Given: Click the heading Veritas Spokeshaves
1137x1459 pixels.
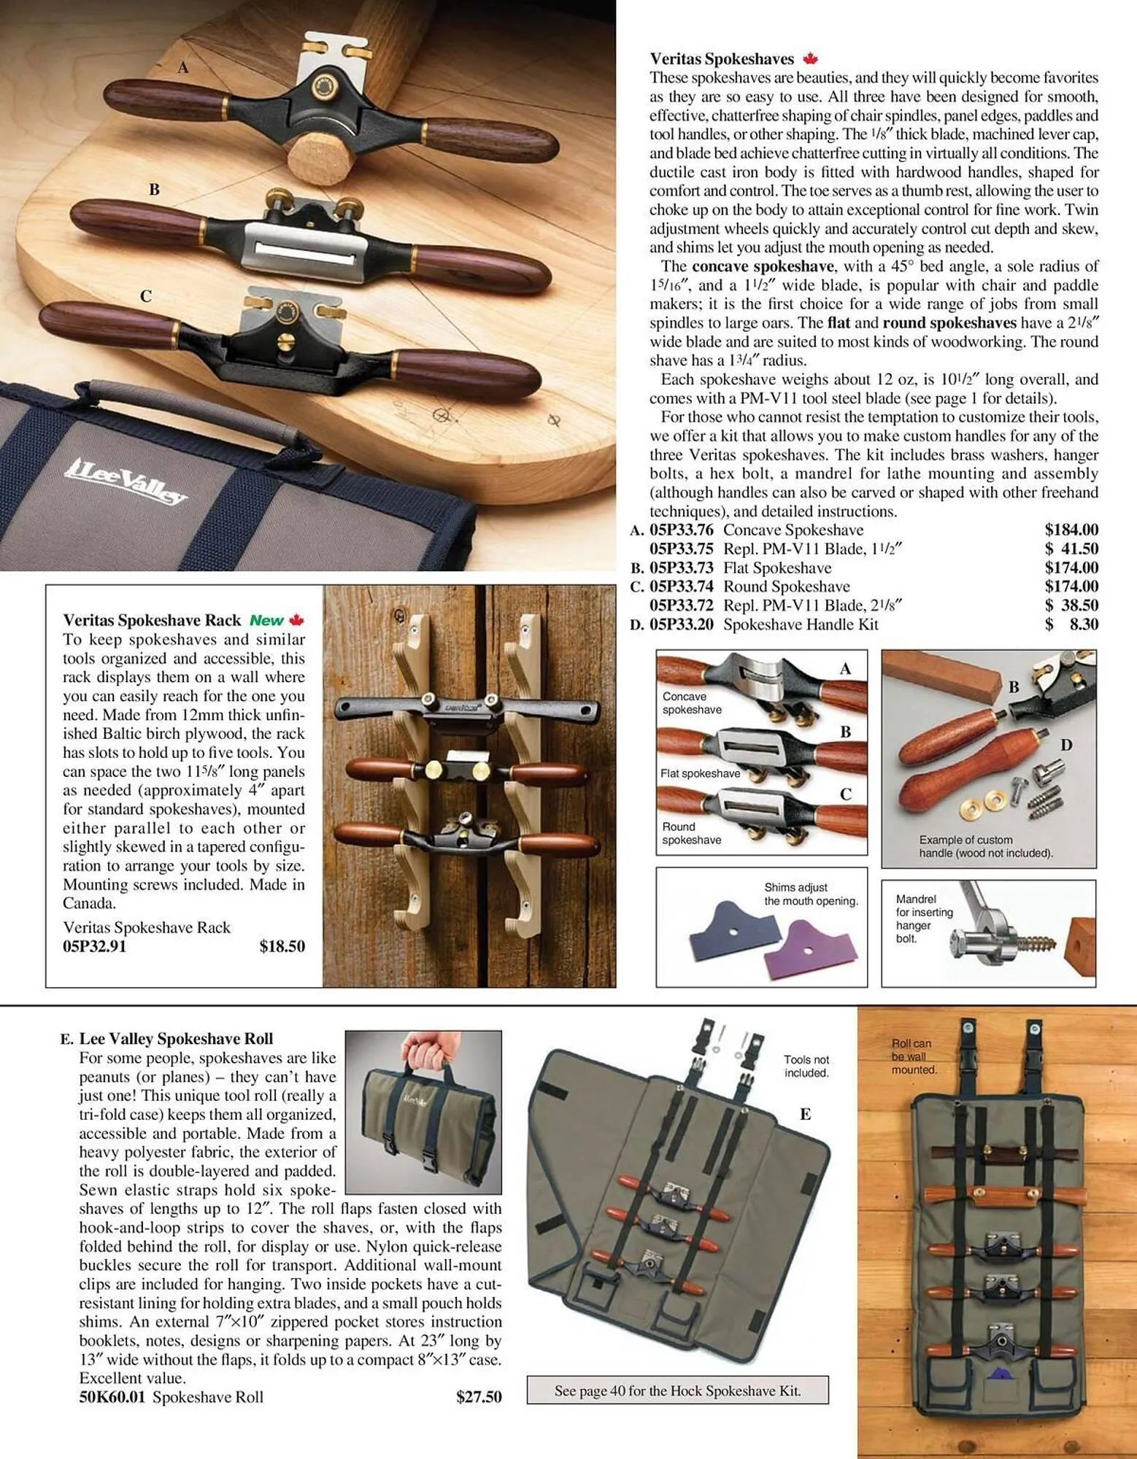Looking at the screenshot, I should [x=721, y=59].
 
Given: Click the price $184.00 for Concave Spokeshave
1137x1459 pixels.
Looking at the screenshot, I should [x=1071, y=530].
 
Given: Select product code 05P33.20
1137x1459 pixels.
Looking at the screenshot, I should [x=681, y=624].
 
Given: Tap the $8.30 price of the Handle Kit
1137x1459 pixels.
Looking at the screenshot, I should [x=1071, y=624].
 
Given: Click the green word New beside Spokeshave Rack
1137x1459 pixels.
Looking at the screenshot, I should [x=266, y=620].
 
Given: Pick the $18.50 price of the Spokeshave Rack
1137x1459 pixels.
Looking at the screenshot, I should [x=282, y=946].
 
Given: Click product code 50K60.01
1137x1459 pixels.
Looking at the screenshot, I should [x=112, y=1397].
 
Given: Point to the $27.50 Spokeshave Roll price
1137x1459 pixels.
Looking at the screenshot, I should [x=479, y=1397].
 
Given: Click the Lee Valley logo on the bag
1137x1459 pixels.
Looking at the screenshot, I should [x=128, y=481].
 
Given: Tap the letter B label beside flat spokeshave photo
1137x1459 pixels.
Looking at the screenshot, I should [x=154, y=190].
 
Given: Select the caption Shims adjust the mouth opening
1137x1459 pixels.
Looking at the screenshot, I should [x=810, y=894].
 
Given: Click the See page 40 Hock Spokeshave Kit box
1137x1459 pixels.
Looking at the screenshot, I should [x=677, y=1390].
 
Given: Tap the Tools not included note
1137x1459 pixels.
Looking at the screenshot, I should [x=806, y=1066].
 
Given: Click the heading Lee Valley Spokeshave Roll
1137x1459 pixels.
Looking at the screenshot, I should [x=175, y=1039].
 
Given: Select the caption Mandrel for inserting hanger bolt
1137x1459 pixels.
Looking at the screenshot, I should [x=923, y=918].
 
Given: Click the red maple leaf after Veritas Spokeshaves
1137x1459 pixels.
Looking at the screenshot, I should [x=809, y=59].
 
